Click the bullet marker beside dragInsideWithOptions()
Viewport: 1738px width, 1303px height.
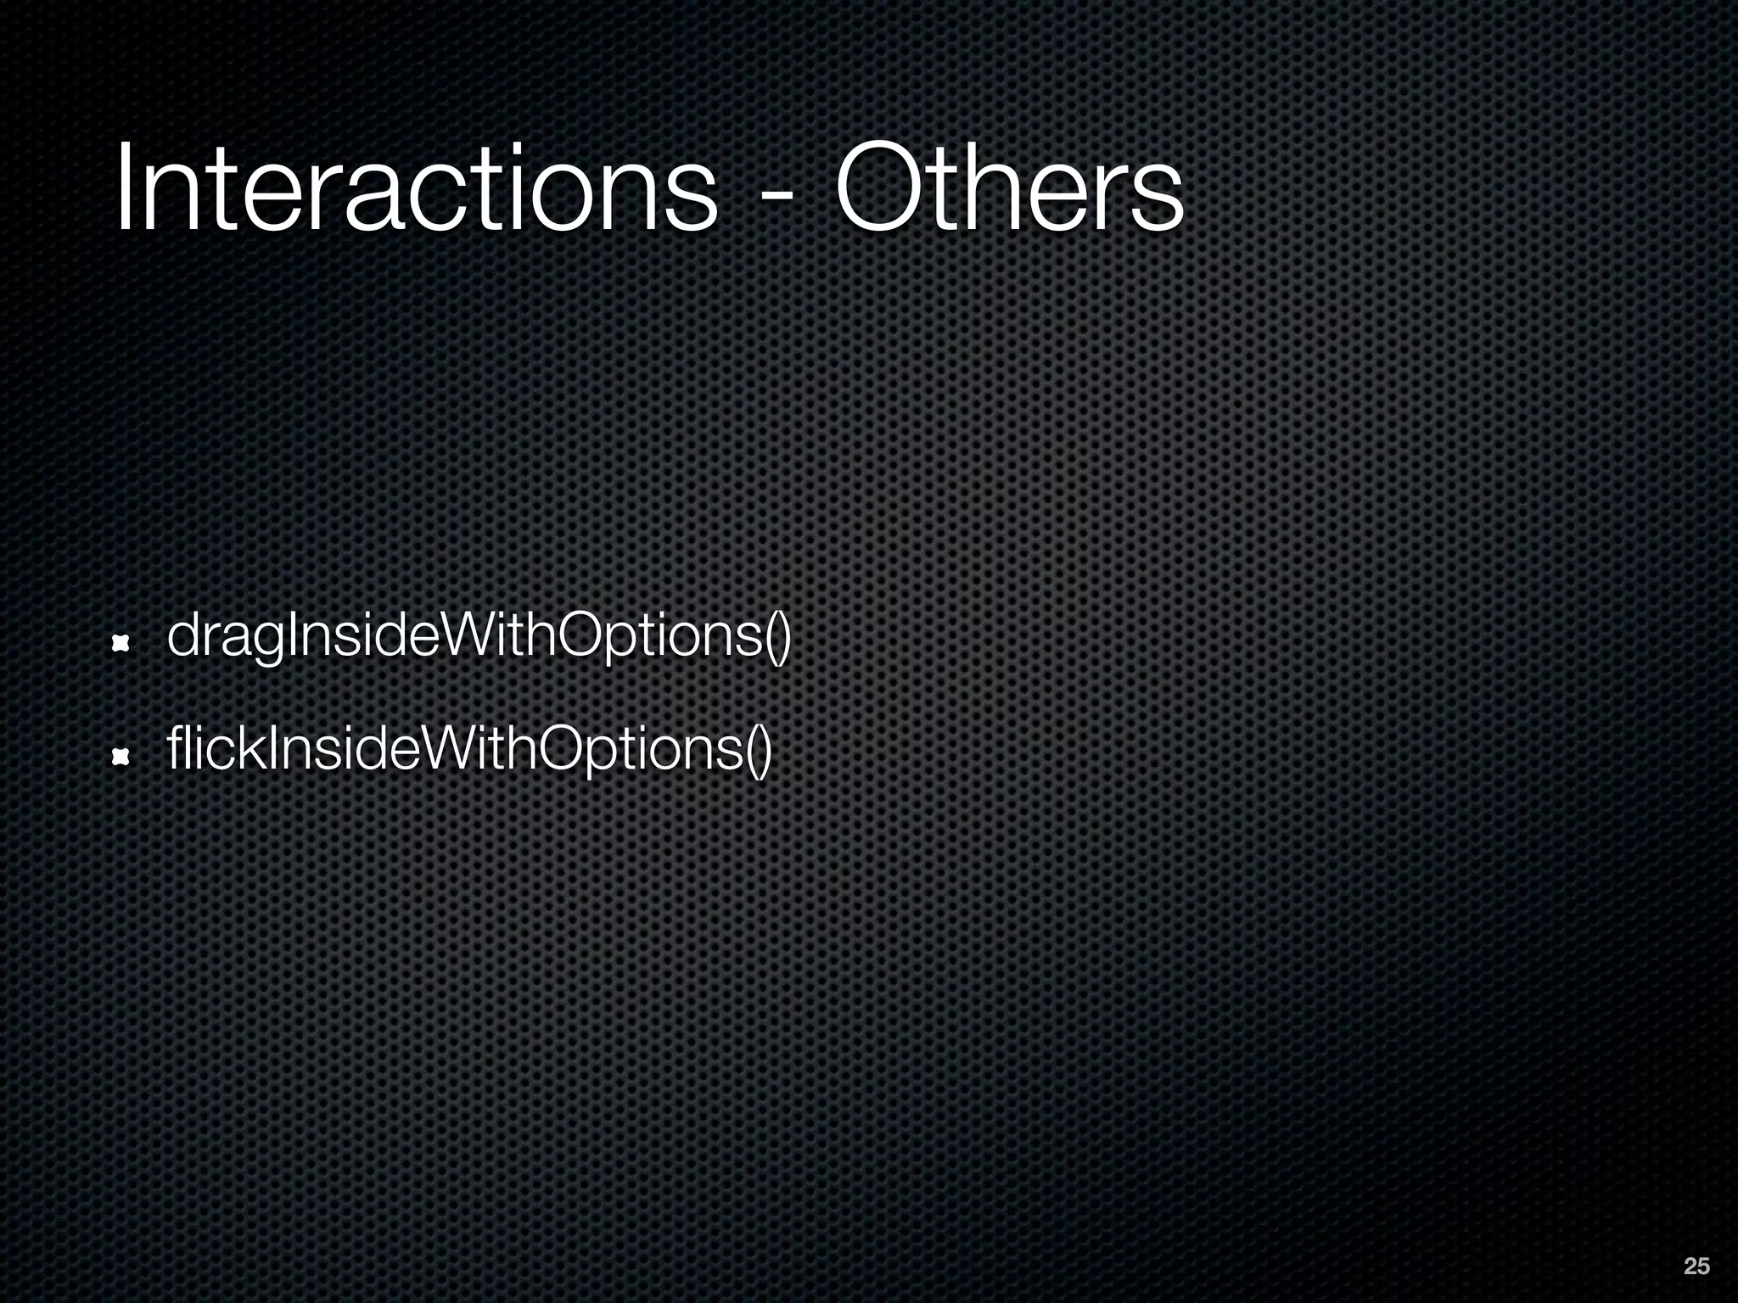point(121,646)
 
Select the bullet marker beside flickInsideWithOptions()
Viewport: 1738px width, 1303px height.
point(121,756)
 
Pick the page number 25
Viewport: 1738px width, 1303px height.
point(1696,1267)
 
